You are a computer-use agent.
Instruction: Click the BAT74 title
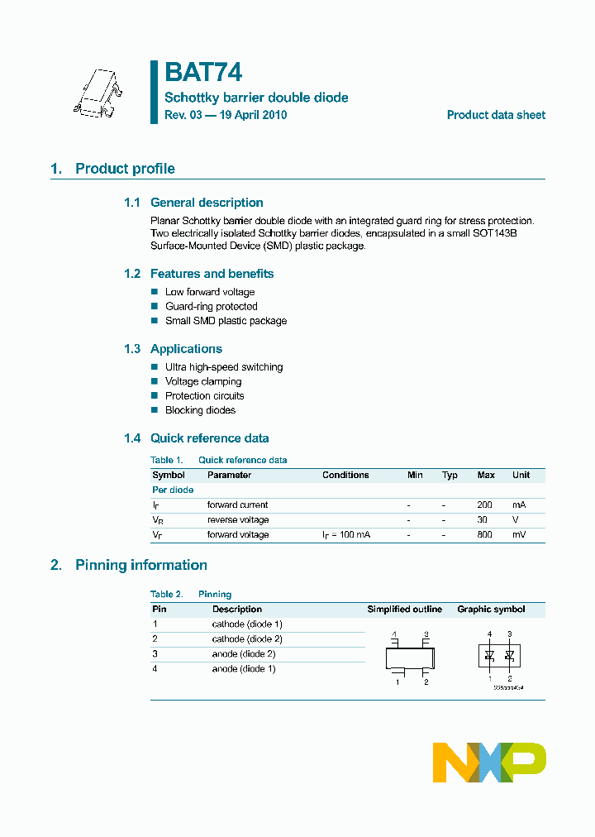pyautogui.click(x=203, y=73)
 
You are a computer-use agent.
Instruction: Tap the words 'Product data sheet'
pyautogui.click(x=496, y=115)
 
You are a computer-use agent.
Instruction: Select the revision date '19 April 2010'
pyautogui.click(x=250, y=115)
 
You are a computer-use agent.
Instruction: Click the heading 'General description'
pyautogui.click(x=207, y=203)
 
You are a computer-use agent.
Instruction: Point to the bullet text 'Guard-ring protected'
pyautogui.click(x=211, y=306)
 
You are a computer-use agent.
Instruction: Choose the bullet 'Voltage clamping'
pyautogui.click(x=203, y=381)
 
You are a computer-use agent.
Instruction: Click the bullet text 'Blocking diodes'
pyautogui.click(x=200, y=410)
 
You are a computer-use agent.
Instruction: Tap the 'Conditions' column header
pyautogui.click(x=345, y=475)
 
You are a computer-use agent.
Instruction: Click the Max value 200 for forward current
pyautogui.click(x=484, y=505)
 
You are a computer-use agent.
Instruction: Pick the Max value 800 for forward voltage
pyautogui.click(x=484, y=534)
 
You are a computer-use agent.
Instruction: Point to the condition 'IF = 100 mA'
pyautogui.click(x=346, y=535)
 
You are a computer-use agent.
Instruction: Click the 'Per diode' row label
pyautogui.click(x=173, y=490)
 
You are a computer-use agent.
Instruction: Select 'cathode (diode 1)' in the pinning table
pyautogui.click(x=247, y=624)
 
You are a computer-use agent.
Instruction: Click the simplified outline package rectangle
pyautogui.click(x=411, y=658)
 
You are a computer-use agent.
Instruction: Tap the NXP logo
pyautogui.click(x=489, y=762)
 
